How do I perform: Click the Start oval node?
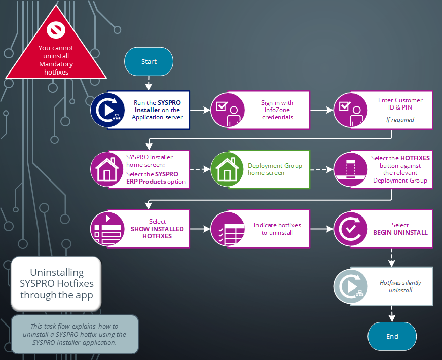pyautogui.click(x=149, y=61)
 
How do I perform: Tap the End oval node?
pyautogui.click(x=392, y=336)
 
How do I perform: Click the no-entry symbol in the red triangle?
pyautogui.click(x=55, y=30)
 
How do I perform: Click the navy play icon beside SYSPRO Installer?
pyautogui.click(x=107, y=110)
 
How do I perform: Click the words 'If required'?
pyautogui.click(x=400, y=120)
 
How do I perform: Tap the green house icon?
pyautogui.click(x=228, y=169)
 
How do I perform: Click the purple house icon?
pyautogui.click(x=107, y=169)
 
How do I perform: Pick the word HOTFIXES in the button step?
pyautogui.click(x=415, y=158)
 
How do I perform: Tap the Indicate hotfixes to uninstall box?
pyautogui.click(x=277, y=229)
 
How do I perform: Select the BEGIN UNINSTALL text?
pyautogui.click(x=400, y=232)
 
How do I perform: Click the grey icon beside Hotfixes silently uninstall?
pyautogui.click(x=351, y=286)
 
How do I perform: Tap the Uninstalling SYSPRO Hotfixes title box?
pyautogui.click(x=56, y=284)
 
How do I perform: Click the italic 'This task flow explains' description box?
pyautogui.click(x=75, y=334)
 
